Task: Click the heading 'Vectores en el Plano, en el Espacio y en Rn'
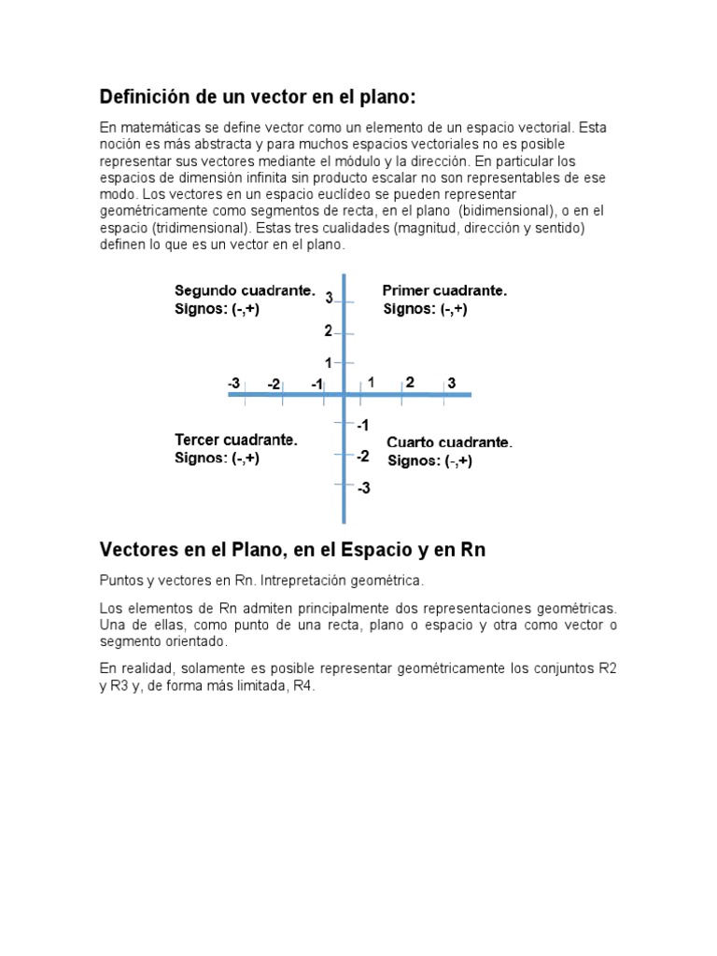[x=292, y=550]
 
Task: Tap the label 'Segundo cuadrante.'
[x=245, y=291]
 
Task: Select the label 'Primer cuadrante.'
[x=444, y=291]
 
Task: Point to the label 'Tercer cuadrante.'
[x=235, y=440]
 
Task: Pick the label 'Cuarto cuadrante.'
[x=449, y=442]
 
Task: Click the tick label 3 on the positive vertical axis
[x=330, y=298]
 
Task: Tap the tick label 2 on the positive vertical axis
[x=329, y=330]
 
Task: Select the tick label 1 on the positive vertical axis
[x=329, y=362]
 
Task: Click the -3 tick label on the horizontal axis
[x=233, y=383]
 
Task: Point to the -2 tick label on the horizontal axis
[x=274, y=384]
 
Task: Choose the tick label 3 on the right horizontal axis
[x=451, y=383]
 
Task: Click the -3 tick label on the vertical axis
[x=363, y=487]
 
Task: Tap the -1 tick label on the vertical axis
[x=362, y=425]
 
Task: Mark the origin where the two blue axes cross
[x=344, y=395]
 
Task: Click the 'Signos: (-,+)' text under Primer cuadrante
[x=425, y=310]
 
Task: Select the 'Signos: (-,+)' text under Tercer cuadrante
[x=217, y=458]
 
